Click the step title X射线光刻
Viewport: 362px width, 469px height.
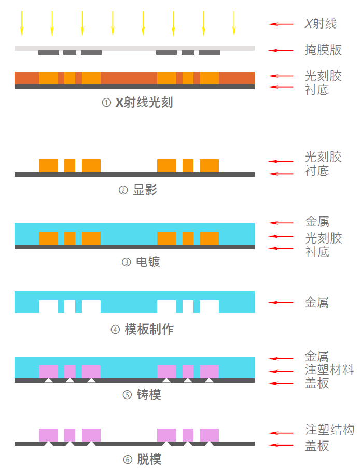pos(144,103)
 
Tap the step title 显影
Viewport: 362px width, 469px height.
pos(145,190)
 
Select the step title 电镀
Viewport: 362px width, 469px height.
pos(148,262)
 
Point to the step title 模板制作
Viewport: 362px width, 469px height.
pos(149,329)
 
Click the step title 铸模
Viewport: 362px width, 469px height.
pos(149,395)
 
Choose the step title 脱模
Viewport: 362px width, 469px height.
pos(149,459)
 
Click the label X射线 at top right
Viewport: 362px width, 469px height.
pos(321,23)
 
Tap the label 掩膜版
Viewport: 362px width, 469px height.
pos(323,50)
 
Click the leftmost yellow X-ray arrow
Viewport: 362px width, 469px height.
pos(22,23)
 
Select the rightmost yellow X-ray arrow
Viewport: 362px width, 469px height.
pos(234,23)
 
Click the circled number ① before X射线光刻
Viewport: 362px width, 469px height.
pos(106,103)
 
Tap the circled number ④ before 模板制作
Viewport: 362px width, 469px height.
pos(115,330)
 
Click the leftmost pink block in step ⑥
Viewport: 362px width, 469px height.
pos(48,435)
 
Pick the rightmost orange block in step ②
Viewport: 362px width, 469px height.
pos(209,165)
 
